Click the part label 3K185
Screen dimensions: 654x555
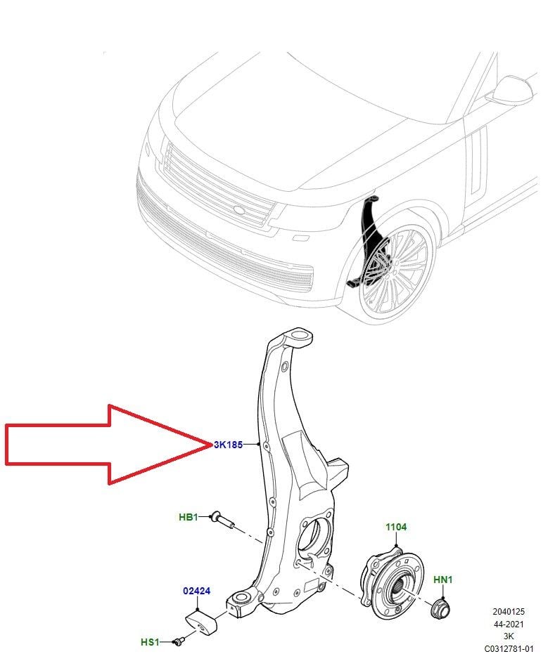(x=228, y=445)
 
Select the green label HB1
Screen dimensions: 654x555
(x=189, y=518)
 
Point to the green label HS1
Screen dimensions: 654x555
(x=151, y=642)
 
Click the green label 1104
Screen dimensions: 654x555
(x=395, y=527)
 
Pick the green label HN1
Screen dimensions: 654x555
(x=442, y=580)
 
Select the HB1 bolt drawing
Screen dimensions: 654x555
(x=224, y=521)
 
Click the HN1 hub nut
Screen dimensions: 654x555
(x=440, y=608)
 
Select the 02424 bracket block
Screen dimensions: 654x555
(x=203, y=622)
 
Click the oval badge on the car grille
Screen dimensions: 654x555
(x=239, y=210)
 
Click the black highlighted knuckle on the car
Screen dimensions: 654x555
(x=369, y=242)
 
